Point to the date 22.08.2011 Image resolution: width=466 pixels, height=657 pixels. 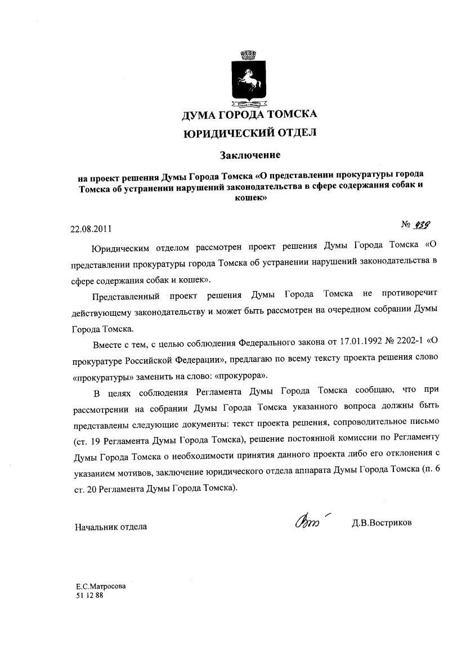[91, 229]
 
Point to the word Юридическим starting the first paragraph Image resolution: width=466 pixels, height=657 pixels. [119, 247]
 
